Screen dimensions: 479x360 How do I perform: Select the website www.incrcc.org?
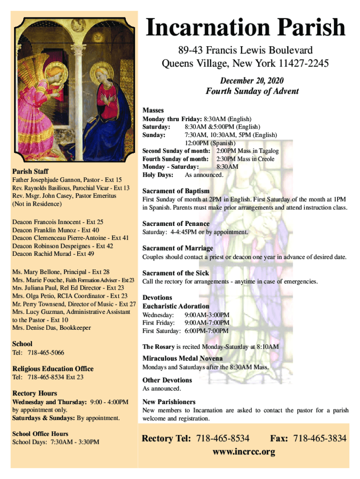pos(244,452)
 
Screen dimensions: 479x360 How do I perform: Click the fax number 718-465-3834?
pos(320,438)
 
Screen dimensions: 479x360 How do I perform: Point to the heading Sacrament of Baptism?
pos(176,191)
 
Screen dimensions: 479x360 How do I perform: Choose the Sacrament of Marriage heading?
pos(178,248)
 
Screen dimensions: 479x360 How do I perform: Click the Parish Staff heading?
pos(30,171)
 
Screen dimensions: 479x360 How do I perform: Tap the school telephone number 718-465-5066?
pos(46,352)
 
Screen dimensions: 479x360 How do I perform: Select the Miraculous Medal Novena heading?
pos(179,358)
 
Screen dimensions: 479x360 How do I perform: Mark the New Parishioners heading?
pos(169,402)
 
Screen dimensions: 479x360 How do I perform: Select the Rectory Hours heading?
pos(35,393)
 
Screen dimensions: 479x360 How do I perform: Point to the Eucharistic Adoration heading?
pos(176,306)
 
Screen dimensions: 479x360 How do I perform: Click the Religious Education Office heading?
pos(53,369)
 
